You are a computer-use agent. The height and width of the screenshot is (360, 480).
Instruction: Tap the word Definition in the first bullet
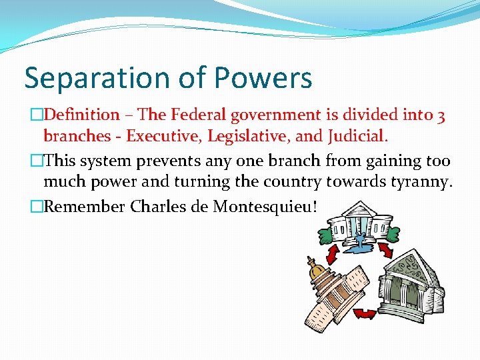[x=81, y=115]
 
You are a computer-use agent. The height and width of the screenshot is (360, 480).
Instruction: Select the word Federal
[x=197, y=115]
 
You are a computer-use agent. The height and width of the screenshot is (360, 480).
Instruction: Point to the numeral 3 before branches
[x=441, y=115]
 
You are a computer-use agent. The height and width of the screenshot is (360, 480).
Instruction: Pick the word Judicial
[x=357, y=137]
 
